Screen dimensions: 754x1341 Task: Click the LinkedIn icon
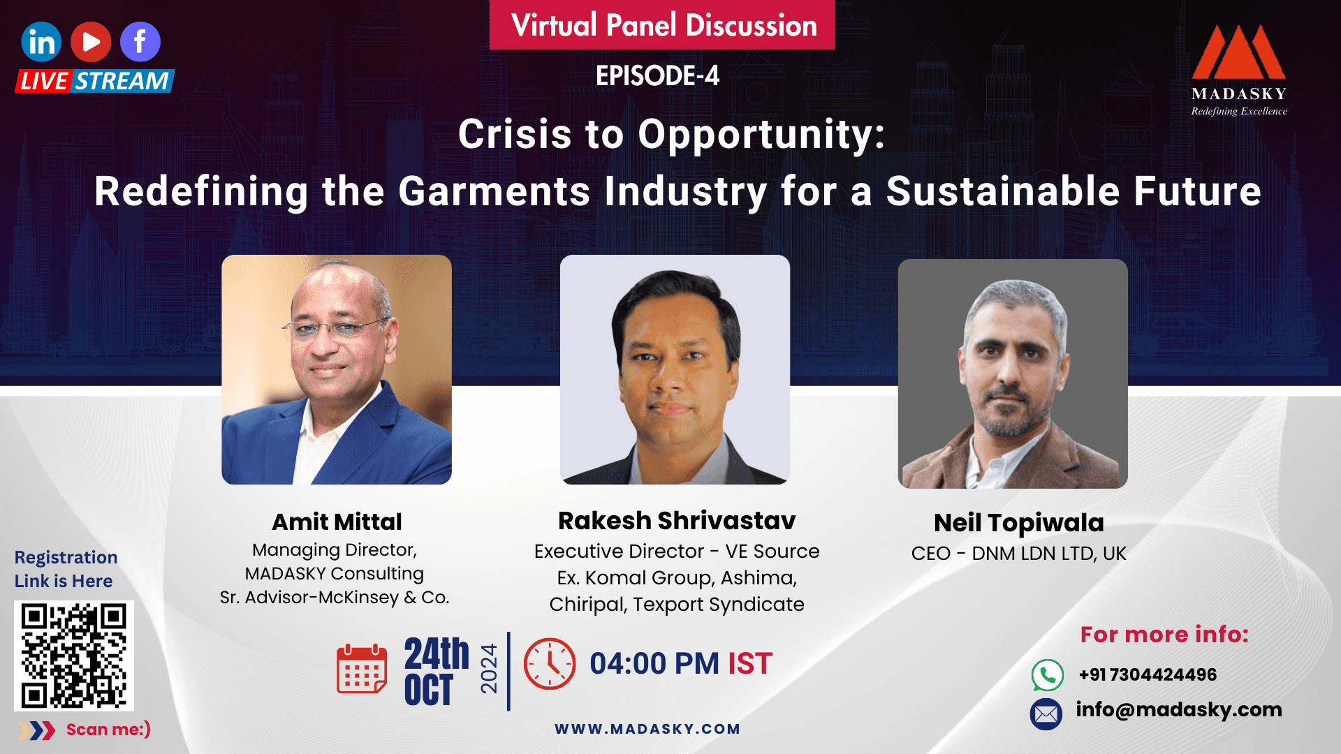point(41,42)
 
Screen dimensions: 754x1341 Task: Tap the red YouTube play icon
point(91,42)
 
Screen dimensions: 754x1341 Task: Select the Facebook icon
point(140,42)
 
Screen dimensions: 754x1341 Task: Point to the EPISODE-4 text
point(657,76)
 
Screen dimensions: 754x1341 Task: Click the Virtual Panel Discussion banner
point(663,25)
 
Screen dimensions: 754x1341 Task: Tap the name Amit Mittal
point(337,522)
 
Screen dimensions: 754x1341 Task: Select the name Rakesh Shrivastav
point(677,521)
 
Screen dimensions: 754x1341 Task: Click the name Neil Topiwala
point(1018,523)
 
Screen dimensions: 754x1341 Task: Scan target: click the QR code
point(74,656)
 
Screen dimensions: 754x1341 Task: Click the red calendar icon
point(362,669)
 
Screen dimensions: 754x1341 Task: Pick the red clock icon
point(550,664)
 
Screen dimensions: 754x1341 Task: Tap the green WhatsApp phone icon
point(1047,675)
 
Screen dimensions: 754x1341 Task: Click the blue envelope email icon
point(1046,714)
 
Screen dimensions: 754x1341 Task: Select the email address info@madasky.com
point(1179,709)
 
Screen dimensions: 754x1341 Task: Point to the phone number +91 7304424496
point(1148,674)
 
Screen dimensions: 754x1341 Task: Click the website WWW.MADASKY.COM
point(647,729)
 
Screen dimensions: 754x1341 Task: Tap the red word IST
point(750,663)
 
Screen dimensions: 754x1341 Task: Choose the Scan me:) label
point(108,730)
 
